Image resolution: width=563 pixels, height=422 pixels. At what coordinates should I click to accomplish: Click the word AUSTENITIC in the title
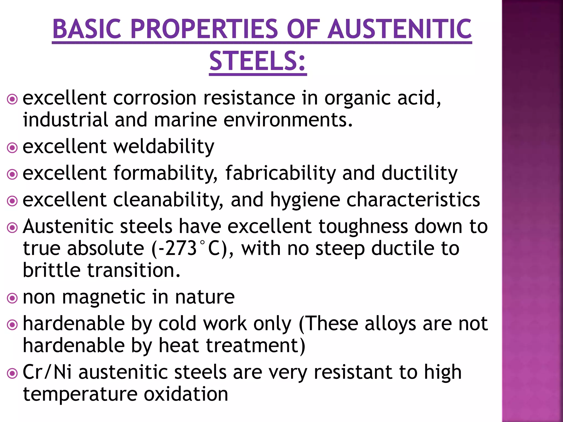tap(400, 29)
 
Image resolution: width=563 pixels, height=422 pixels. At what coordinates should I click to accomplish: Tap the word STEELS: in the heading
tap(258, 61)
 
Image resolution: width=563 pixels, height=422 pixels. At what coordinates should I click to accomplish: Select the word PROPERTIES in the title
tap(205, 29)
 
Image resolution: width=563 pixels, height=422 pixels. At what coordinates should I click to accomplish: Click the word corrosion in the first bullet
tap(155, 98)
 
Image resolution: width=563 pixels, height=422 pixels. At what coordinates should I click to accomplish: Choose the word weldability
tap(164, 146)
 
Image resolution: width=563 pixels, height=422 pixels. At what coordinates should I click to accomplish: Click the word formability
tap(165, 173)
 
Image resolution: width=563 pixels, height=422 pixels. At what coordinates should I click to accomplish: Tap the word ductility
tap(420, 173)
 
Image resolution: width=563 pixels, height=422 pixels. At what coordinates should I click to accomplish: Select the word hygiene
tap(305, 200)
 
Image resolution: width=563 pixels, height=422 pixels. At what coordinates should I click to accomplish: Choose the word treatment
tap(252, 345)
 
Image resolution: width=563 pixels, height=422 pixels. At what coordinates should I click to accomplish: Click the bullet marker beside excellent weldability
tap(12, 148)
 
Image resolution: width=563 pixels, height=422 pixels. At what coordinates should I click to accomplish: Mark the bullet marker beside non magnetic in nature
tap(12, 298)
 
